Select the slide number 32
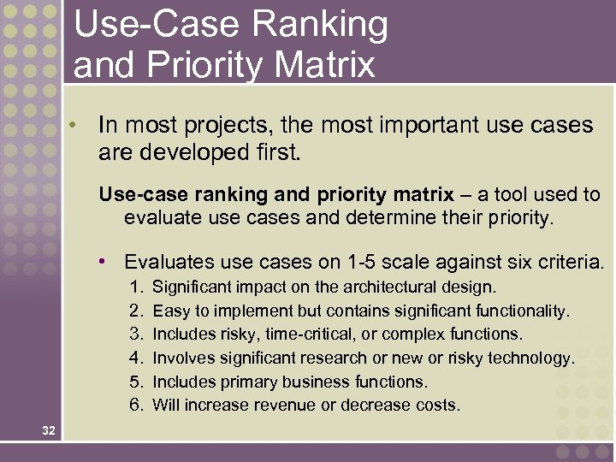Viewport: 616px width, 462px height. [48, 431]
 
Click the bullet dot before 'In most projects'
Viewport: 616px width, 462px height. [75, 125]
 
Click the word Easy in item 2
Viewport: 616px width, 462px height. [170, 311]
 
